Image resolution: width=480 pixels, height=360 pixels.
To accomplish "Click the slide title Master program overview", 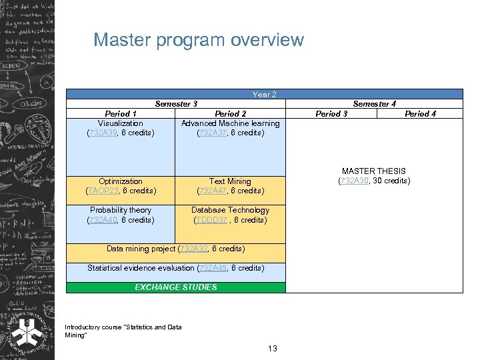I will tap(198, 40).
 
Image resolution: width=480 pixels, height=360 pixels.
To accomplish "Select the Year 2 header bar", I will tap(264, 95).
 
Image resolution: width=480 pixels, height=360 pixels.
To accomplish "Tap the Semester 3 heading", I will tap(176, 104).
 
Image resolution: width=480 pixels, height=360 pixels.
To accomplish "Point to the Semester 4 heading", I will tap(374, 104).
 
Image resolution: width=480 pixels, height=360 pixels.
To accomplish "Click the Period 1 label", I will tap(121, 114).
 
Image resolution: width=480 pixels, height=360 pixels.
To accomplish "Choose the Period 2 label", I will tap(230, 114).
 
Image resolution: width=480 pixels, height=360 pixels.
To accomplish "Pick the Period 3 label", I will tap(331, 114).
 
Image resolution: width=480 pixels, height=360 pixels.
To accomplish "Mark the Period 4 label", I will tap(420, 114).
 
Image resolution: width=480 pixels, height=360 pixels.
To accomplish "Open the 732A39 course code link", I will tap(103, 133).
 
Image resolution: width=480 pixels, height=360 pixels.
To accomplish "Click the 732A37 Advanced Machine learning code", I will tap(213, 133).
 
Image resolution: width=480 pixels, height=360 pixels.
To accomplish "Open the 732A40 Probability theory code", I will tap(103, 220).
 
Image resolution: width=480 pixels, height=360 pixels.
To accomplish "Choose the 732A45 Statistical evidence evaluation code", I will tap(213, 268).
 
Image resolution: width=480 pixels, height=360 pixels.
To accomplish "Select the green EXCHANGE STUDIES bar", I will tap(176, 287).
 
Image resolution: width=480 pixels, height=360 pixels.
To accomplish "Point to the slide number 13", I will tap(272, 349).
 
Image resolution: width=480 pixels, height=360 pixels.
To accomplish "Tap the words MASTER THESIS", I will tap(373, 171).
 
